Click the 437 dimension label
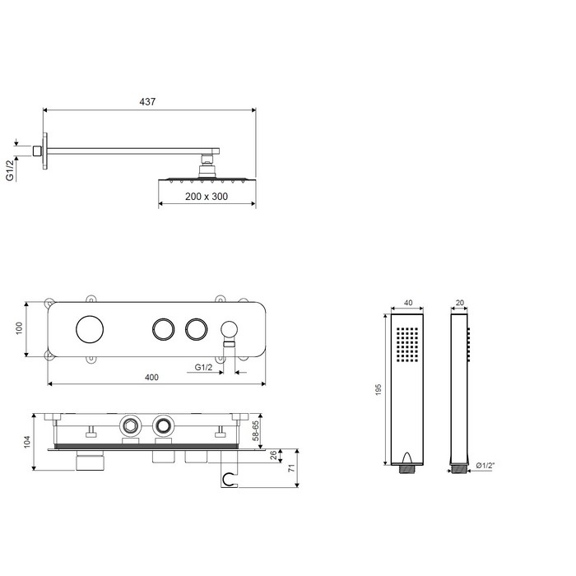(147, 101)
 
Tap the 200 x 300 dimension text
(207, 197)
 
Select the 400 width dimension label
(151, 377)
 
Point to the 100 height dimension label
(19, 328)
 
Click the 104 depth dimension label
(27, 442)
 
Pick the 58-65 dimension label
(256, 430)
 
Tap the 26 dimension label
(274, 456)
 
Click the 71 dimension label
(291, 468)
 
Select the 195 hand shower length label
(379, 390)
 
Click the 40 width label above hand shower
(408, 303)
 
